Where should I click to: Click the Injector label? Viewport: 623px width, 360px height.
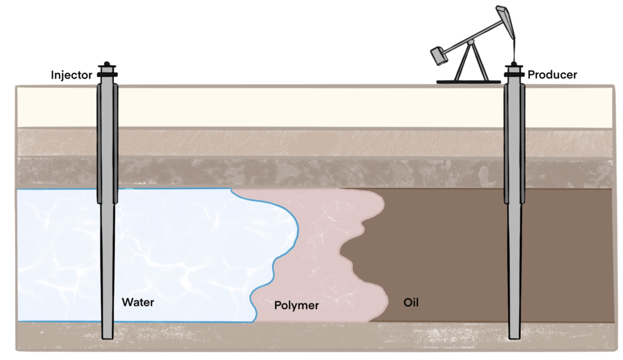pyautogui.click(x=71, y=75)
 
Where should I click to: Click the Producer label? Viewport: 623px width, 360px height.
pyautogui.click(x=552, y=75)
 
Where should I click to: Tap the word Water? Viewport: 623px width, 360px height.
pyautogui.click(x=138, y=302)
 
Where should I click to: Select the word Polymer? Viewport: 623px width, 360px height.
pyautogui.click(x=296, y=305)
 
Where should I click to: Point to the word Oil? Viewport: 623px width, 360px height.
pyautogui.click(x=412, y=302)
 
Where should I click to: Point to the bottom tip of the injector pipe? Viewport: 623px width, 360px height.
pyautogui.click(x=108, y=336)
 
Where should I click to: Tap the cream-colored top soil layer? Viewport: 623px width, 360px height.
pyautogui.click(x=304, y=106)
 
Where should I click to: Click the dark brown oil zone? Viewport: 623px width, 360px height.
pyautogui.click(x=444, y=255)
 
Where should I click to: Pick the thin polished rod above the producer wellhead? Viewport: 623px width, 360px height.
pyautogui.click(x=514, y=49)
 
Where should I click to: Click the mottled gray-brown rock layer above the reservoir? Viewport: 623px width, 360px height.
pyautogui.click(x=304, y=172)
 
